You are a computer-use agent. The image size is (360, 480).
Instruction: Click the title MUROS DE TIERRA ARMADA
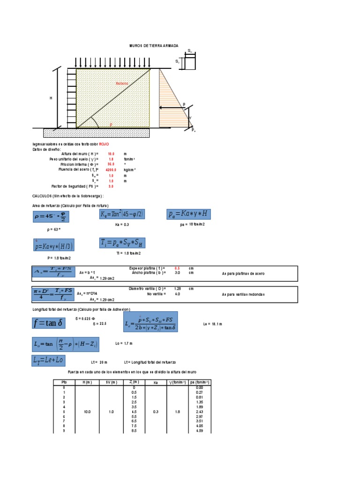click(153, 46)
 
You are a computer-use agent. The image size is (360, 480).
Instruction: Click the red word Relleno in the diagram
click(121, 83)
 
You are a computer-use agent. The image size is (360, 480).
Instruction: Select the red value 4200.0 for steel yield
click(111, 170)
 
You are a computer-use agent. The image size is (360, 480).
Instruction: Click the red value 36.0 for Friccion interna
click(111, 165)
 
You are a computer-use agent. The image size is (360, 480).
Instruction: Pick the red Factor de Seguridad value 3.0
click(111, 186)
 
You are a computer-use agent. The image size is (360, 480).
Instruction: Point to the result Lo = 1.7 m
click(124, 344)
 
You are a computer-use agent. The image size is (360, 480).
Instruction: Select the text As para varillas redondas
click(243, 294)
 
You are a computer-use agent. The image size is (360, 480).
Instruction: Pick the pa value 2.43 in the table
click(199, 412)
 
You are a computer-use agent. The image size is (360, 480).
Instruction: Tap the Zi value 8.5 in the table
click(134, 431)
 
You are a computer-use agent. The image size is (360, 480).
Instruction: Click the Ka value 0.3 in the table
click(156, 412)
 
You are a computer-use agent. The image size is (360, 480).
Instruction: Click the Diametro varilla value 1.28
click(177, 289)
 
